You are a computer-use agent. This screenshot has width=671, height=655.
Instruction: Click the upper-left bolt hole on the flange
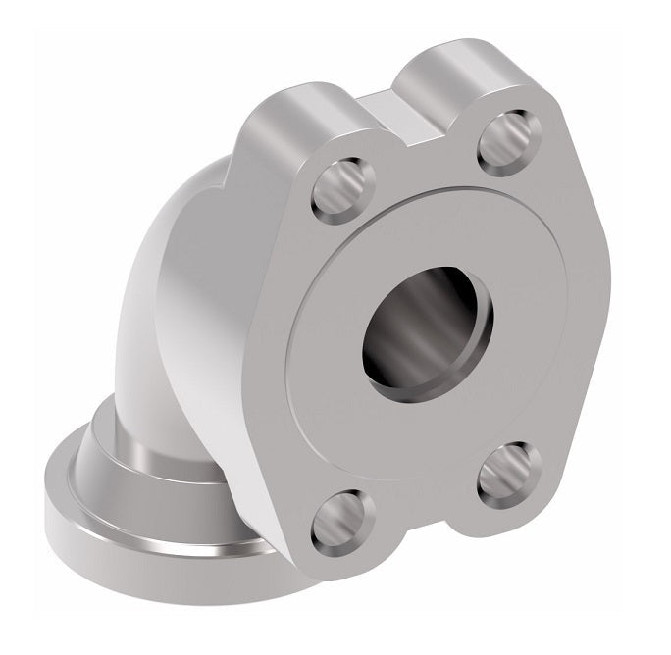click(341, 188)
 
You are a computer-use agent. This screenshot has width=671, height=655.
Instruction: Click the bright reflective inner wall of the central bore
click(461, 314)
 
